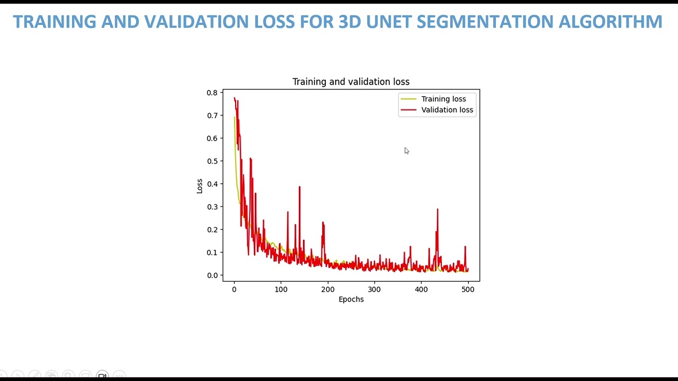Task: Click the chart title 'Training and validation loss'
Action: tap(351, 81)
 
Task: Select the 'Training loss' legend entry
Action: tap(443, 99)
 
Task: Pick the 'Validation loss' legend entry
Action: tap(447, 110)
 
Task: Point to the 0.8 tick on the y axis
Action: tap(212, 93)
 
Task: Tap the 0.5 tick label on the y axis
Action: tap(212, 161)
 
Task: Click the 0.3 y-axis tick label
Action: tap(212, 207)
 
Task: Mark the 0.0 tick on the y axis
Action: tap(212, 275)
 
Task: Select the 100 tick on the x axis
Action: tap(281, 289)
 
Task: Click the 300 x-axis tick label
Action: tap(374, 289)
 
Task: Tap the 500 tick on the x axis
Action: tap(468, 289)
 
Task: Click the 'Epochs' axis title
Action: tap(351, 300)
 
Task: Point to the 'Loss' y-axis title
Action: tap(200, 186)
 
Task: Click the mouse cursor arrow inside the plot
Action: tap(406, 151)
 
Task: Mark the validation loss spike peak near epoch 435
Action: tap(438, 210)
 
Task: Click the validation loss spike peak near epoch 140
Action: tap(299, 187)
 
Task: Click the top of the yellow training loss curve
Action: tap(235, 117)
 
